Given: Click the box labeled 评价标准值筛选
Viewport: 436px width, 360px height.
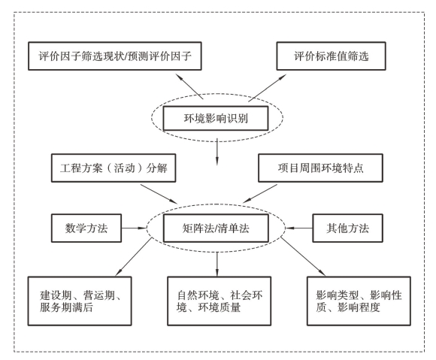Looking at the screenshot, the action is (331, 56).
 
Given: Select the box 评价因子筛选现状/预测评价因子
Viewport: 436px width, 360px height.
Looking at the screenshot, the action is (115, 56).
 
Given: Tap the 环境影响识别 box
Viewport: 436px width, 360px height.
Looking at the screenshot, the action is (216, 118).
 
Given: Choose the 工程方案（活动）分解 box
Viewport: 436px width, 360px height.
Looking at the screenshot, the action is (114, 168).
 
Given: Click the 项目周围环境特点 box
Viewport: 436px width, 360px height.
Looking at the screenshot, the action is (320, 168).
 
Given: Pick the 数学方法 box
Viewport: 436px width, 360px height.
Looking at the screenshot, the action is (86, 228).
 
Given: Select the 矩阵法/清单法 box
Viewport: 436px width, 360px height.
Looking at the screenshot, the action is (216, 228).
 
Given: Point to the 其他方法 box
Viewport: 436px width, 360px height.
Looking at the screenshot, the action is (347, 228).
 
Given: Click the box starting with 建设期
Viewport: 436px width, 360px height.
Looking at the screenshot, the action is (80, 301).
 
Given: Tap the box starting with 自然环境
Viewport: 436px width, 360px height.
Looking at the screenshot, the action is (219, 301).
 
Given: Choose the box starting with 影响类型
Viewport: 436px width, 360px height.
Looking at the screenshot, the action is (359, 301).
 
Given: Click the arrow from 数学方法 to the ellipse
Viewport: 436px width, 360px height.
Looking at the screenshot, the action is (134, 228).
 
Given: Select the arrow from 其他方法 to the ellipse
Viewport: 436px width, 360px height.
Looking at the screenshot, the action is (299, 228).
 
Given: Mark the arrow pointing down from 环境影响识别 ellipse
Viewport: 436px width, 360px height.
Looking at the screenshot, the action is (217, 152).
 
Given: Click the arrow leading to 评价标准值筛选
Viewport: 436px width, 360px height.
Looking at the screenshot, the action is (267, 88).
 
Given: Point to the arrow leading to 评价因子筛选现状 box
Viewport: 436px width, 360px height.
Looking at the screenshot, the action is (189, 86).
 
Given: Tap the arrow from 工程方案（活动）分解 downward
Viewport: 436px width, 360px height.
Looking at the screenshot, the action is (159, 194).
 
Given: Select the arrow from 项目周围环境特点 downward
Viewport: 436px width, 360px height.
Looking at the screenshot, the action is (260, 193).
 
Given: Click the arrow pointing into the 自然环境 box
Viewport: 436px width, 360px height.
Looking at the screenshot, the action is (217, 264).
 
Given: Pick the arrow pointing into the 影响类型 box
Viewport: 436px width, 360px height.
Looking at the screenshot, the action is (303, 256).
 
